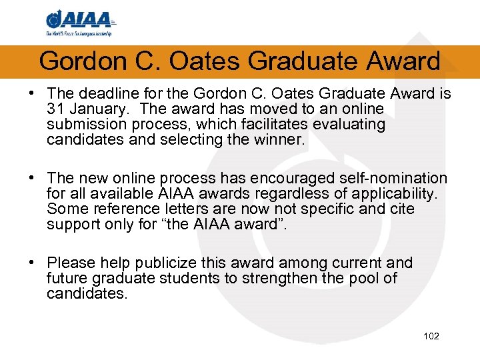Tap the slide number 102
pyautogui.click(x=431, y=336)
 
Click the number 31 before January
pyautogui.click(x=57, y=109)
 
